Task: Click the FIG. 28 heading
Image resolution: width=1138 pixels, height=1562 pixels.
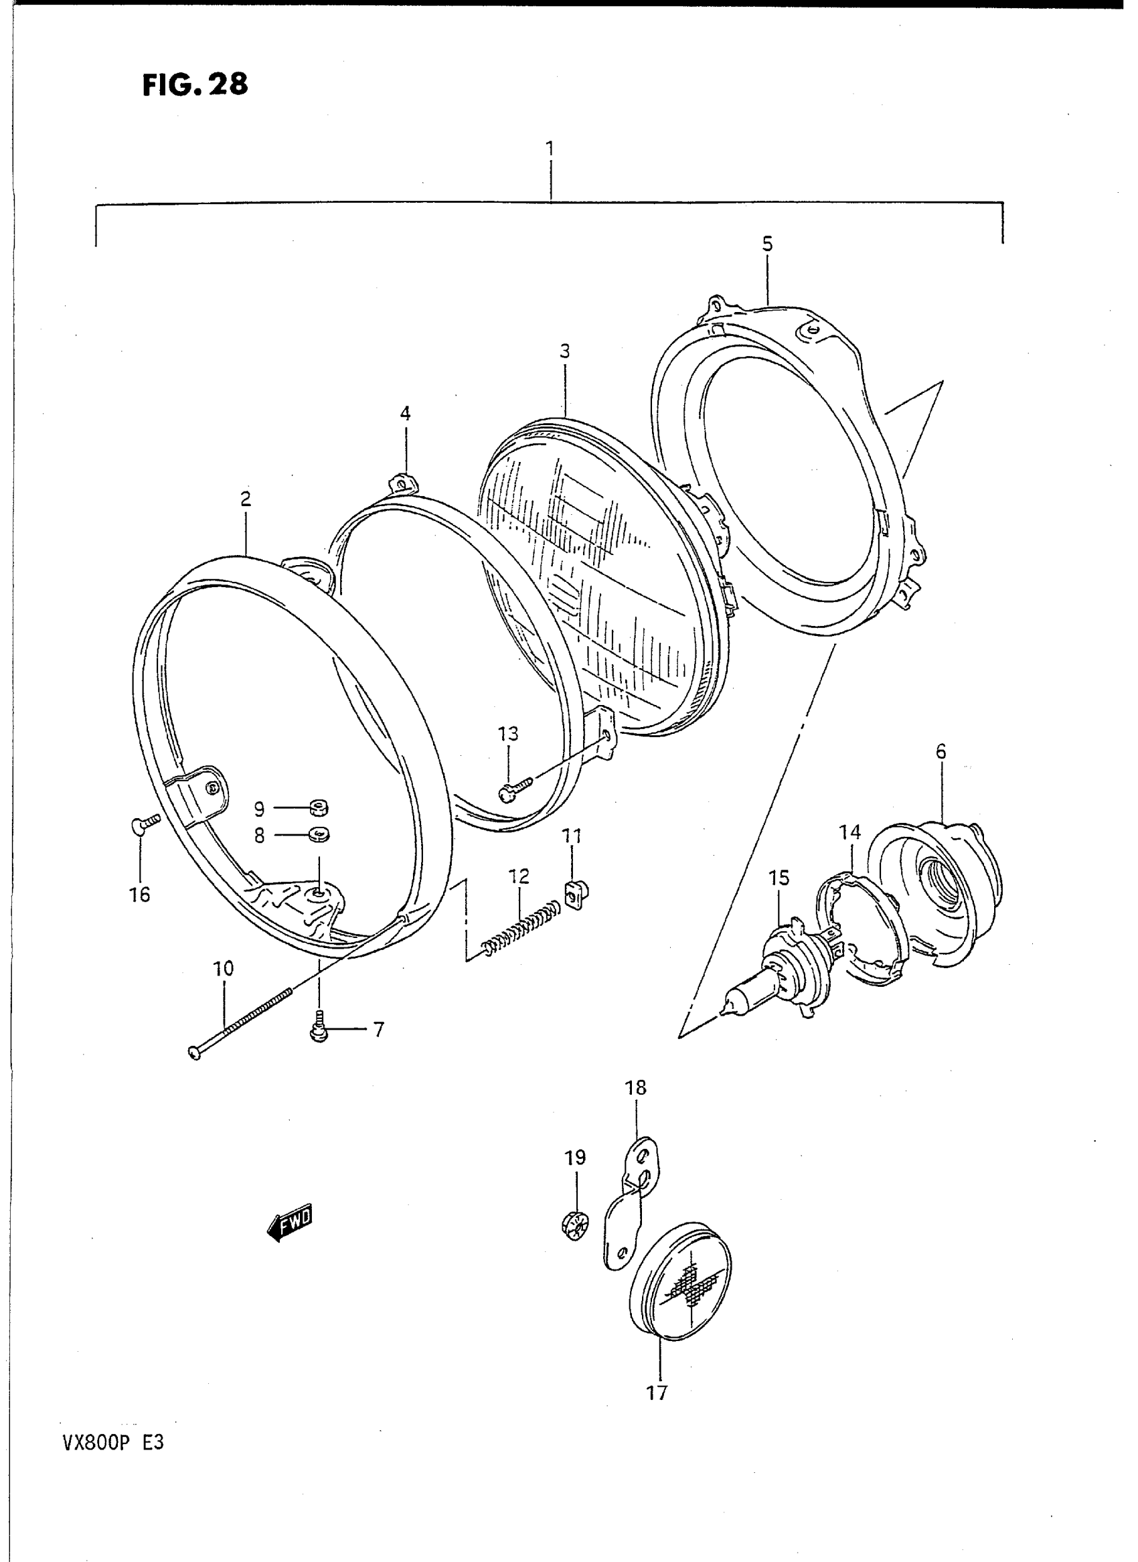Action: pyautogui.click(x=194, y=85)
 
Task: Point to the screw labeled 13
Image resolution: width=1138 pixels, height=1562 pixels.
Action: pyautogui.click(x=515, y=789)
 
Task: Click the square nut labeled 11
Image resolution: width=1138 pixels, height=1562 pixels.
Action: pyautogui.click(x=573, y=894)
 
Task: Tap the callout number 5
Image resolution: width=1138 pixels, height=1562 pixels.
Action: pyautogui.click(x=767, y=244)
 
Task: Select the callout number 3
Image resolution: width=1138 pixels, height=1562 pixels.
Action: pyautogui.click(x=565, y=352)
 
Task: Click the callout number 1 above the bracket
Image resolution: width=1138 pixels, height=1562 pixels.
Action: pyautogui.click(x=550, y=149)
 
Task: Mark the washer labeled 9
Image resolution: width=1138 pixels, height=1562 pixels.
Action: pyautogui.click(x=318, y=806)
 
